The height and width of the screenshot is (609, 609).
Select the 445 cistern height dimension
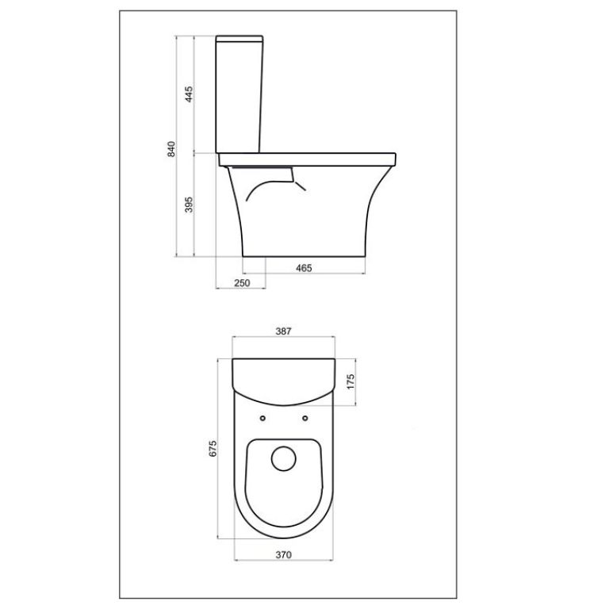pos(190,94)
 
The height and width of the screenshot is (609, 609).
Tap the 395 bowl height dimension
pos(190,205)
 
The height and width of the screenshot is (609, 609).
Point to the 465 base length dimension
pos(304,268)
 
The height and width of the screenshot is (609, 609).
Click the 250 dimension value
pos(243,283)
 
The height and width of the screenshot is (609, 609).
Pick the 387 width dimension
pos(284,332)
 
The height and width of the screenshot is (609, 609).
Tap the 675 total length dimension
pos(213,449)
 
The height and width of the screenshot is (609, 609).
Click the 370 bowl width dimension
pos(284,554)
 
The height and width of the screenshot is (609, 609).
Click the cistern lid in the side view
pos(240,36)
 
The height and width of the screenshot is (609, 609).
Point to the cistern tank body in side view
pos(240,95)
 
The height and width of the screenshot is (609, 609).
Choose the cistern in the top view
pos(283,377)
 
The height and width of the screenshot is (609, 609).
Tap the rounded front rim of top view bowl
pos(283,536)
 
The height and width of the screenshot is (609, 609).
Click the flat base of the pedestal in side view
pos(304,255)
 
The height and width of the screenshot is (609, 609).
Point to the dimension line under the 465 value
pos(304,275)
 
